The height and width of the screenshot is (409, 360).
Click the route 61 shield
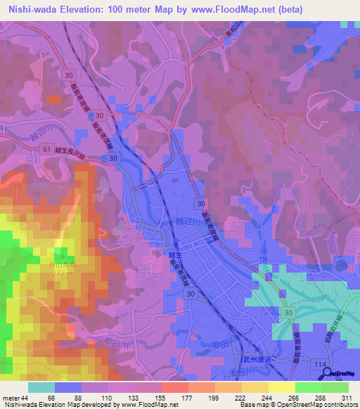(46, 149)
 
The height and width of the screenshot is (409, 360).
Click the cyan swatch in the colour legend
(41, 387)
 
